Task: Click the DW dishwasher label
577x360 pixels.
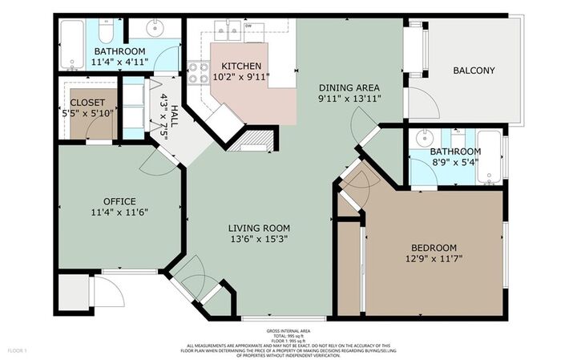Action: point(248,26)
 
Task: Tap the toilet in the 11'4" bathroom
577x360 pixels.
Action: point(105,30)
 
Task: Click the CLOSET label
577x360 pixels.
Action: point(87,103)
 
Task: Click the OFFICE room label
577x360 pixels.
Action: point(119,201)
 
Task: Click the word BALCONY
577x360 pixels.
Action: point(474,71)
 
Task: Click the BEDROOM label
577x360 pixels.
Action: point(434,248)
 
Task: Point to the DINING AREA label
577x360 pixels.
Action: point(348,87)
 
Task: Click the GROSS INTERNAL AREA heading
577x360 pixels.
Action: point(288,330)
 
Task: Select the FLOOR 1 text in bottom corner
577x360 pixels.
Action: point(18,350)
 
